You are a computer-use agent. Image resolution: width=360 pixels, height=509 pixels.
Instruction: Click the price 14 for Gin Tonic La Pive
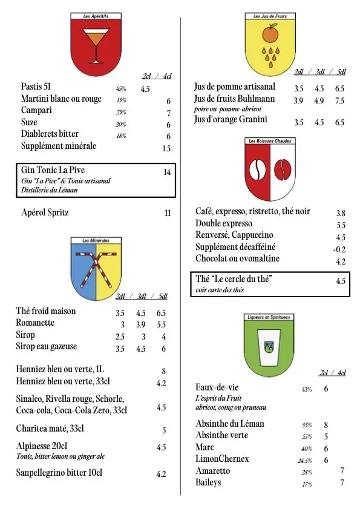pos(167,172)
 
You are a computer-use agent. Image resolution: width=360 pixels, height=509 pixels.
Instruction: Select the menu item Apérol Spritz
pos(45,212)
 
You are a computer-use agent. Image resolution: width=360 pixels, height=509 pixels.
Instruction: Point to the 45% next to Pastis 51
pos(121,88)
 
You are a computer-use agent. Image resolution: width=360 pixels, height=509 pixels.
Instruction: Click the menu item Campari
pos(36,111)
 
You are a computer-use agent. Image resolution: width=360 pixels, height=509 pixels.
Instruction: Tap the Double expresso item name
pos(224,224)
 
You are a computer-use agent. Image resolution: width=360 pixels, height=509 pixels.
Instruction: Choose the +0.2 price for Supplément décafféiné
pos(339,249)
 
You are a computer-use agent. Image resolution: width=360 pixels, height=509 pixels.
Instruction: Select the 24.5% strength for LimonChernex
pos(304,460)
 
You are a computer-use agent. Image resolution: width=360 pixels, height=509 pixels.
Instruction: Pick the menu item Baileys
pos(208,482)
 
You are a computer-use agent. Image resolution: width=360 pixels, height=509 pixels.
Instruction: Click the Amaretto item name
pos(212,471)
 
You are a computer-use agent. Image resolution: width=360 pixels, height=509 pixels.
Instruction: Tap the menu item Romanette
pos(35,323)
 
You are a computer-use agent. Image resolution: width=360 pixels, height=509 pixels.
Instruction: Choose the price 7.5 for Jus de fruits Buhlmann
pos(339,100)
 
